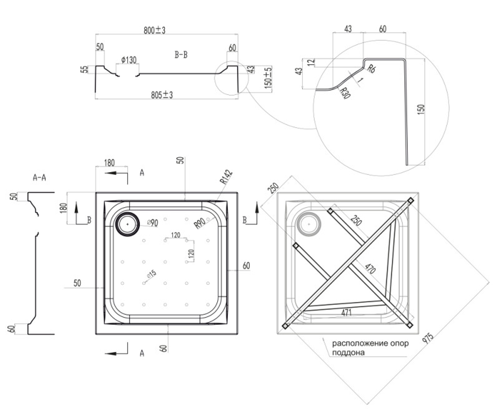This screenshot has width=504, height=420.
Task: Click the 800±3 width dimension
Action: (x=155, y=30)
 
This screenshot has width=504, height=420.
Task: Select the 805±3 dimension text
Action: (x=162, y=95)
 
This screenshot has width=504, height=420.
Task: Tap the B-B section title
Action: (x=181, y=55)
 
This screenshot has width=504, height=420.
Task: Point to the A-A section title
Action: (x=39, y=178)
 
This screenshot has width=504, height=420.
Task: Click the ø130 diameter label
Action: (x=129, y=60)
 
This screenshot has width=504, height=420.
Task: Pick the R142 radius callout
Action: (x=226, y=177)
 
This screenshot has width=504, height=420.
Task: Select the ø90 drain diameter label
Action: (x=152, y=223)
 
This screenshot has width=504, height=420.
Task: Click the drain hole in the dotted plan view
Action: (x=127, y=224)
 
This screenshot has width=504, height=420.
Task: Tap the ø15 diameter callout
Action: (x=152, y=274)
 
